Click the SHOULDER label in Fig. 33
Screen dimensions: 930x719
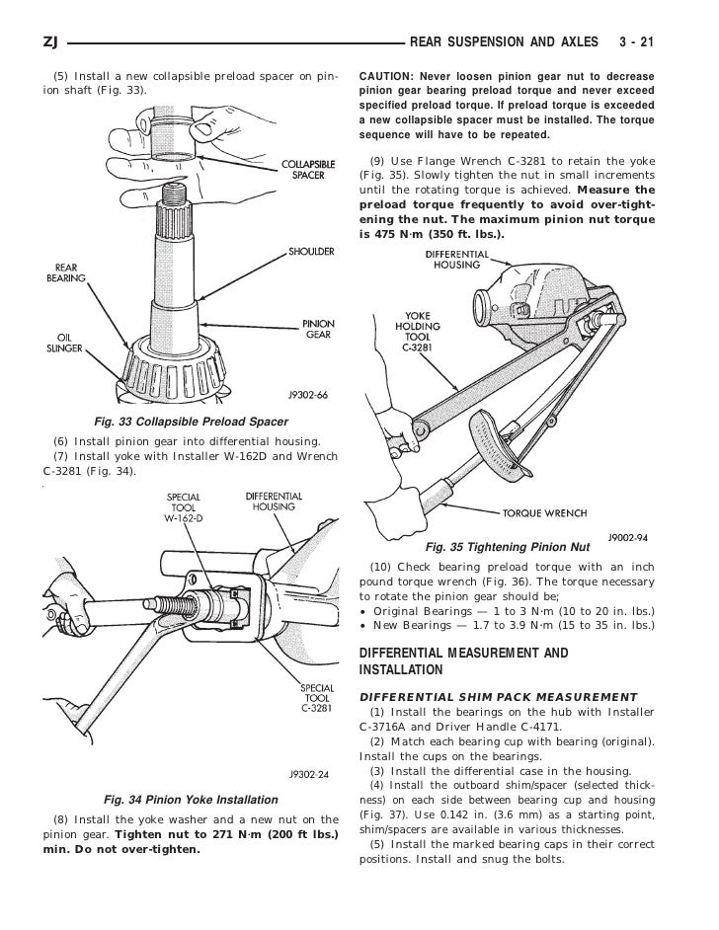[x=309, y=252]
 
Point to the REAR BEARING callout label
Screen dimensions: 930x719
[x=66, y=272]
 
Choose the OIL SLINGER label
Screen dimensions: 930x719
[x=64, y=341]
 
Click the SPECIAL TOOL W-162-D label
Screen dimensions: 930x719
[x=185, y=507]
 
